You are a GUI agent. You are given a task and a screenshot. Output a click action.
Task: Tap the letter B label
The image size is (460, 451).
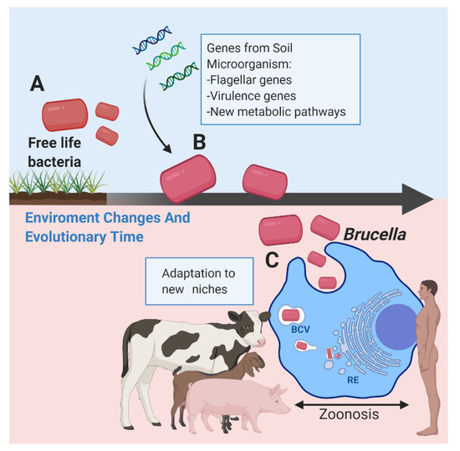[x=199, y=142]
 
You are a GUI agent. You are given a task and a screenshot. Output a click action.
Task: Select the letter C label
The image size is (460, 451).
[x=272, y=259]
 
